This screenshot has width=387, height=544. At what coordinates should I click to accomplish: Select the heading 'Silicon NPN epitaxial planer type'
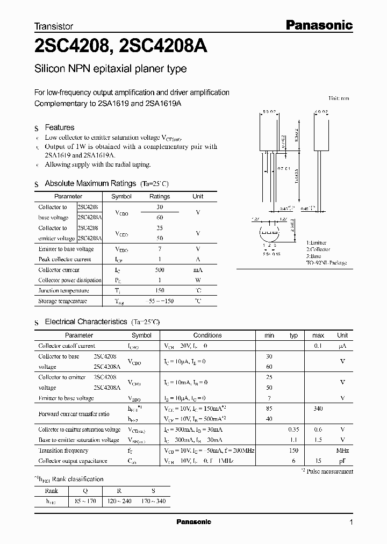[x=110, y=69]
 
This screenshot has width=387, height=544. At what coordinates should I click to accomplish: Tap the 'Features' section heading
[x=59, y=127]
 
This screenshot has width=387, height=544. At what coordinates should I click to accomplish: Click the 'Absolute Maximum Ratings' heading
[x=91, y=183]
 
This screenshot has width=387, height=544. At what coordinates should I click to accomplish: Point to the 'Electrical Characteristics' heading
[x=86, y=321]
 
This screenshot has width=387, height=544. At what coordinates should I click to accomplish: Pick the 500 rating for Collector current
[x=159, y=270]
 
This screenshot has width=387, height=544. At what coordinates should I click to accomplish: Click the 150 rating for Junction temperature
[x=159, y=291]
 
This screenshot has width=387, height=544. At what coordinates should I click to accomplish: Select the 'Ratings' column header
[x=159, y=197]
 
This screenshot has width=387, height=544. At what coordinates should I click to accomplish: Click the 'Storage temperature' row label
[x=62, y=301]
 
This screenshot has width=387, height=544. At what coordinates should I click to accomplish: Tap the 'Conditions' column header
[x=207, y=335]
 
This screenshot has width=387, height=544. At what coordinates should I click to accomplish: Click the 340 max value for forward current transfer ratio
[x=318, y=409]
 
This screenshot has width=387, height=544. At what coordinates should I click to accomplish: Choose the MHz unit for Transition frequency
[x=342, y=450]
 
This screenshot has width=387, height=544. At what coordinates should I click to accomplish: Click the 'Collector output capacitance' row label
[x=73, y=461]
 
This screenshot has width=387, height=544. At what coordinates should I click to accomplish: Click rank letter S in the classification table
[x=153, y=490]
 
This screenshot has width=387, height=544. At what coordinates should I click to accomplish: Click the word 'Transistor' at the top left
[x=53, y=26]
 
